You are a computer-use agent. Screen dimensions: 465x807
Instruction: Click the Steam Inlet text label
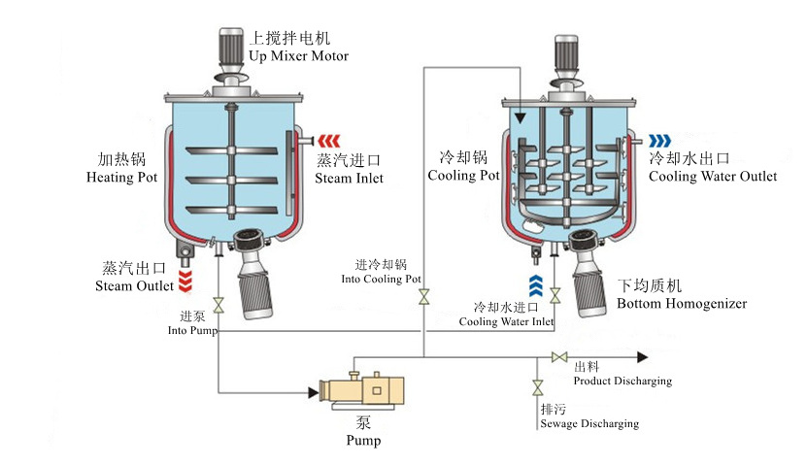(x=350, y=169)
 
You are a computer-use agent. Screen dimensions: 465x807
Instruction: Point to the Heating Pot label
(x=120, y=168)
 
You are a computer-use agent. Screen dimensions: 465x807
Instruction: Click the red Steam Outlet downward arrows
(x=186, y=281)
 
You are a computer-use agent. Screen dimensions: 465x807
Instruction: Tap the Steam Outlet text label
(x=134, y=277)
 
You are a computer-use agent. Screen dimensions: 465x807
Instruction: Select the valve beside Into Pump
(x=219, y=306)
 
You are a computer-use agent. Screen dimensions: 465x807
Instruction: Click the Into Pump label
(x=191, y=323)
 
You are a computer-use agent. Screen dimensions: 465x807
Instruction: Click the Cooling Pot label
(x=464, y=167)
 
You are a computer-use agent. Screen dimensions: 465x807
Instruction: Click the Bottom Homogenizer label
(x=681, y=295)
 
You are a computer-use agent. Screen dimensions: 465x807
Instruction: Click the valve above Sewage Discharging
(x=536, y=388)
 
